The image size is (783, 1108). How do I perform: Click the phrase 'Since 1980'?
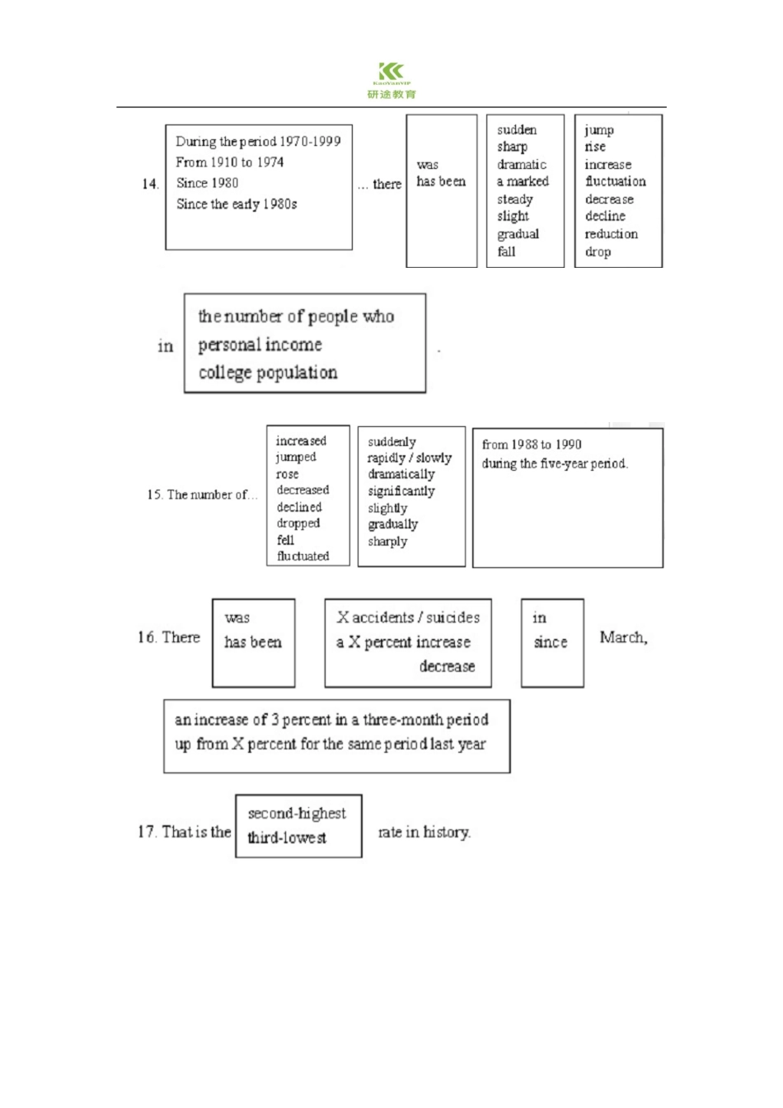click(208, 183)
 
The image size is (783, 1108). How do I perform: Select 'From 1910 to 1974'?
click(230, 162)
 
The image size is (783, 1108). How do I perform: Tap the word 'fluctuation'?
click(616, 181)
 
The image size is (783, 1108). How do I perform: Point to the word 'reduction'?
click(611, 234)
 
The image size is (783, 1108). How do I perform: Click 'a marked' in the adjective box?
click(523, 181)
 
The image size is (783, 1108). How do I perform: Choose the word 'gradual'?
click(518, 234)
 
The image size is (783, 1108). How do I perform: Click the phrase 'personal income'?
click(260, 345)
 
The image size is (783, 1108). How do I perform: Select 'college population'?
click(268, 373)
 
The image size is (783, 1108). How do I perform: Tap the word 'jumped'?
click(296, 457)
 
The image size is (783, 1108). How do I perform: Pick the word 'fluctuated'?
click(303, 556)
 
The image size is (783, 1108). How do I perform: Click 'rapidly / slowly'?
click(409, 458)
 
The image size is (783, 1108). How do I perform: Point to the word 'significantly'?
click(401, 491)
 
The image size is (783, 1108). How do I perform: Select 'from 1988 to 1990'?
click(532, 444)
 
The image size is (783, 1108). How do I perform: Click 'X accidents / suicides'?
click(408, 617)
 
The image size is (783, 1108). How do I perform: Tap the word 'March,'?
click(623, 637)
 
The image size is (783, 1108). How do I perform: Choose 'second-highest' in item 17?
click(297, 814)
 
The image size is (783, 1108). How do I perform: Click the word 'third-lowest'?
click(287, 838)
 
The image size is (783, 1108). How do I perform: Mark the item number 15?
click(154, 495)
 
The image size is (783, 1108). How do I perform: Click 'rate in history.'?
click(424, 832)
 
